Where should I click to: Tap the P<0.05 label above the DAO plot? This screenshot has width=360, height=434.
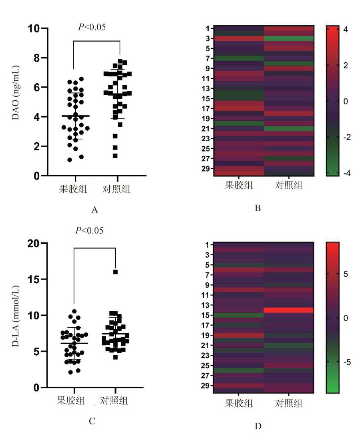[x=92, y=27]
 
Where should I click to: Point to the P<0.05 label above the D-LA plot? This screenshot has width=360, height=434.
[x=89, y=230]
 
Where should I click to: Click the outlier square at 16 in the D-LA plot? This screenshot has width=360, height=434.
[x=115, y=272]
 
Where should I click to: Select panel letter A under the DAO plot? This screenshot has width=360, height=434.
[x=95, y=210]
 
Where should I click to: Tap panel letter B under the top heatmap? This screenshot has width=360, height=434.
[x=258, y=208]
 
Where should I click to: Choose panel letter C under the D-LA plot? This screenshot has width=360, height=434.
[x=92, y=421]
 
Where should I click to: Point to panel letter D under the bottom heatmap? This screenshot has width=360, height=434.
[x=258, y=426]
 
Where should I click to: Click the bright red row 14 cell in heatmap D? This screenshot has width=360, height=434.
[x=288, y=310]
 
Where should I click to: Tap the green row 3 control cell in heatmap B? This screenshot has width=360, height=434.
[x=288, y=38]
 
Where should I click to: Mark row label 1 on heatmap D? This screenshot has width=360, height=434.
[x=207, y=244]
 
